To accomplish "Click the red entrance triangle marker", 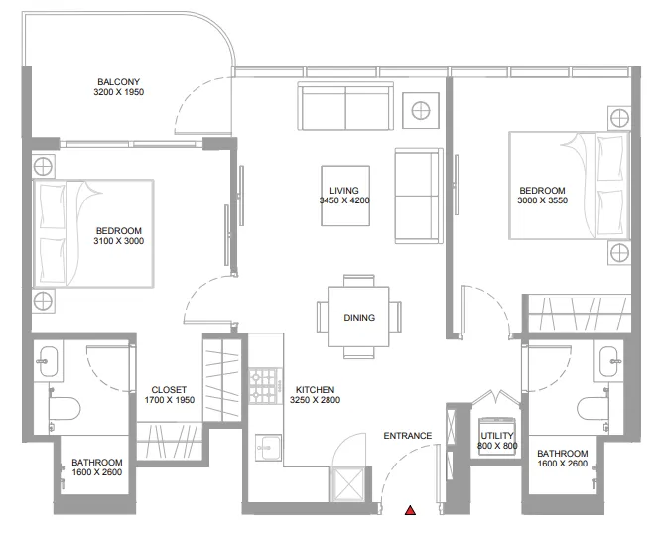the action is (x=410, y=510).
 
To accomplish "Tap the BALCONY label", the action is (x=118, y=82).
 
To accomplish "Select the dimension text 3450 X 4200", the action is (x=344, y=200).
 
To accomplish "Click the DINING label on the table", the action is (x=359, y=318).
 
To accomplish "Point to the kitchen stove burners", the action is (x=263, y=386).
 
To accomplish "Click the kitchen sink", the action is (x=268, y=448).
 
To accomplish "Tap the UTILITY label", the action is (x=497, y=435).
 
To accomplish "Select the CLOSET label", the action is (x=169, y=389).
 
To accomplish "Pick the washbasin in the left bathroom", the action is (x=48, y=361).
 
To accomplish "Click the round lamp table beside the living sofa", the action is (x=421, y=111).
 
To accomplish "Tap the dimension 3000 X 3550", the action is (x=542, y=200).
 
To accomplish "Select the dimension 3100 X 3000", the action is (x=119, y=241).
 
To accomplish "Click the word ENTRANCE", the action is (x=408, y=436).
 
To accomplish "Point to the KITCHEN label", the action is (x=315, y=389).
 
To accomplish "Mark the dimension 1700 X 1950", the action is (x=170, y=400).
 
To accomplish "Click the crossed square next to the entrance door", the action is (x=347, y=483).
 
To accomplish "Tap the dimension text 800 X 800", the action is (x=497, y=446).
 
